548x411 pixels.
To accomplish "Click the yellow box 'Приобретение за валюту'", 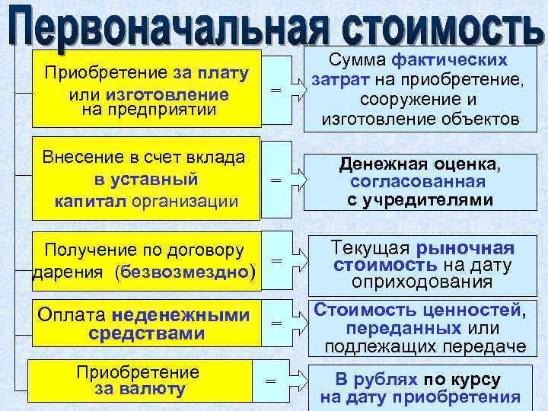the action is [x=140, y=381].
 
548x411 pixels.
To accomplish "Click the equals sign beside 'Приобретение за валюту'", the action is [x=269, y=381].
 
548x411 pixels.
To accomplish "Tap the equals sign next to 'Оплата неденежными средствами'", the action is [x=276, y=324].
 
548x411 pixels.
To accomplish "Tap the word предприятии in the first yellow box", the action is [x=171, y=110].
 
